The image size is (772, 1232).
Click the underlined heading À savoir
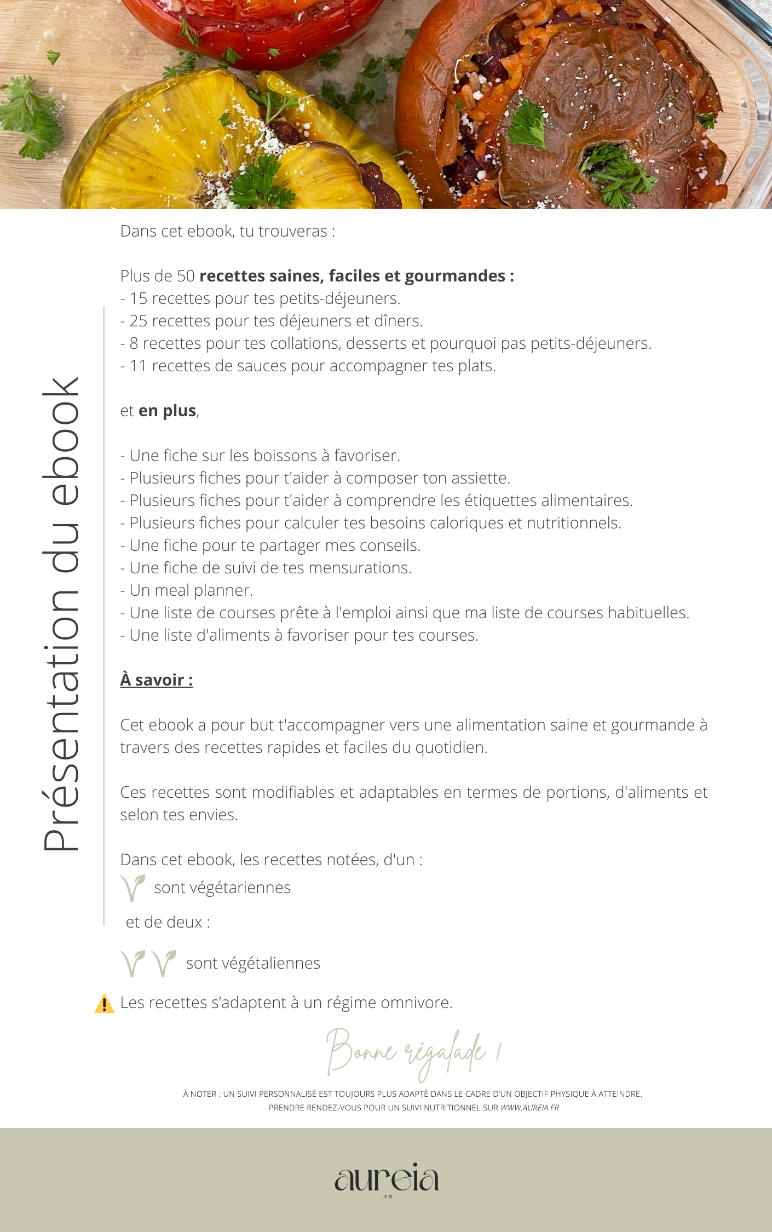(x=156, y=680)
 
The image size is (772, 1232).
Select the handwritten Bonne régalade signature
(x=413, y=1052)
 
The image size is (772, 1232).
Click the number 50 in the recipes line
(x=186, y=276)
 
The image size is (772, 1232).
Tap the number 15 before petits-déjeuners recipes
(x=139, y=298)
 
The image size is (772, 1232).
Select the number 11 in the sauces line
(x=139, y=366)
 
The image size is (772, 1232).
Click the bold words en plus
(x=167, y=411)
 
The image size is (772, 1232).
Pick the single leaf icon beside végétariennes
(x=132, y=888)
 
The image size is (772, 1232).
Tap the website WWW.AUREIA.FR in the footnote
(x=529, y=1108)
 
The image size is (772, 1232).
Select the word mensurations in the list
(x=360, y=568)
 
